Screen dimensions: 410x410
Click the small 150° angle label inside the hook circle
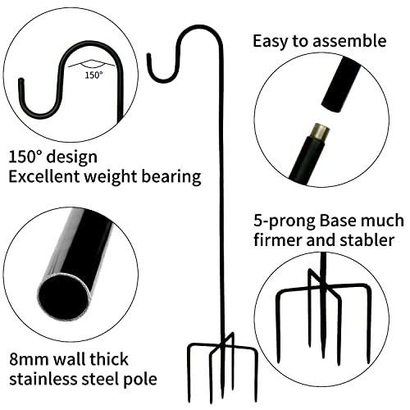pyautogui.click(x=93, y=75)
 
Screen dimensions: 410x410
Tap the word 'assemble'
pyautogui.click(x=349, y=41)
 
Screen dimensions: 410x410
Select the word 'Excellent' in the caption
pyautogui.click(x=44, y=176)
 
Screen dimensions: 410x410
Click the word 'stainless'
pyautogui.click(x=43, y=379)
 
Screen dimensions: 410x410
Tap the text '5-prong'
pyautogui.click(x=285, y=221)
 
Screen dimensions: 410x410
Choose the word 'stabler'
pyautogui.click(x=367, y=240)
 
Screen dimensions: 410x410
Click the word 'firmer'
pyautogui.click(x=278, y=240)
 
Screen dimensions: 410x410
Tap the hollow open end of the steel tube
pyautogui.click(x=65, y=296)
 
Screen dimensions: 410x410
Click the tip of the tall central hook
pyautogui.click(x=149, y=55)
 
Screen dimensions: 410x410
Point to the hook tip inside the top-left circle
pyautogui.click(x=20, y=81)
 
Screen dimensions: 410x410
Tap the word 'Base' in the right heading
pyautogui.click(x=338, y=221)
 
